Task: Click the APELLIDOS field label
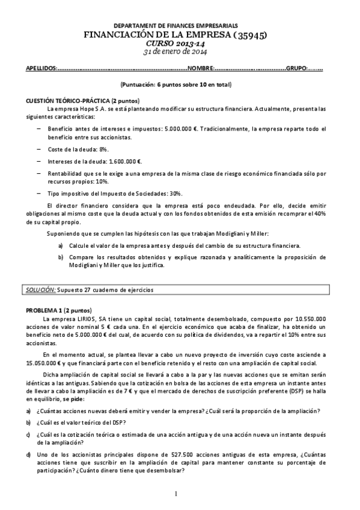(x=41, y=69)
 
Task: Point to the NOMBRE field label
(x=201, y=69)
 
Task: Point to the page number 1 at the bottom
(x=176, y=494)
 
